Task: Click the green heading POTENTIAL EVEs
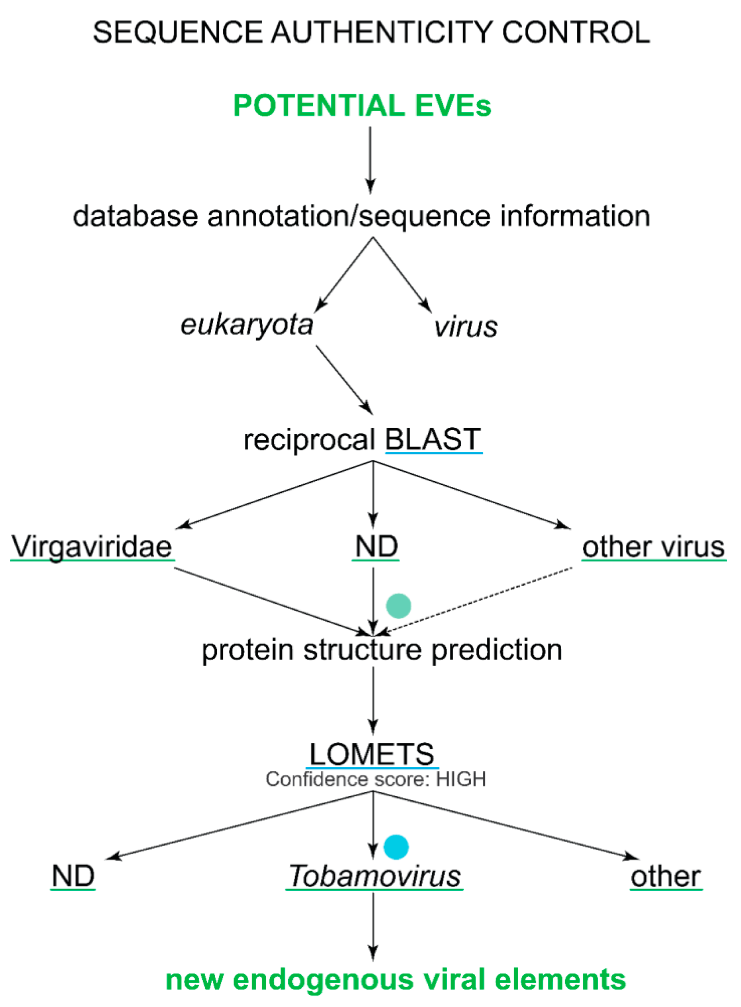click(x=362, y=106)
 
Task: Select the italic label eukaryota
click(x=246, y=325)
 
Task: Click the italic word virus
click(x=465, y=327)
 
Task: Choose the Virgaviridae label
click(x=92, y=547)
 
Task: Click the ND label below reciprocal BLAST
click(x=376, y=547)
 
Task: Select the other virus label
click(x=653, y=547)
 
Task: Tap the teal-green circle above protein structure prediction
click(x=398, y=606)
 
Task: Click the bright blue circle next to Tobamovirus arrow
click(x=396, y=847)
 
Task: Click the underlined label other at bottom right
click(x=666, y=876)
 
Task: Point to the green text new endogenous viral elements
click(x=396, y=980)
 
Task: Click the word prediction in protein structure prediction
click(x=496, y=650)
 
